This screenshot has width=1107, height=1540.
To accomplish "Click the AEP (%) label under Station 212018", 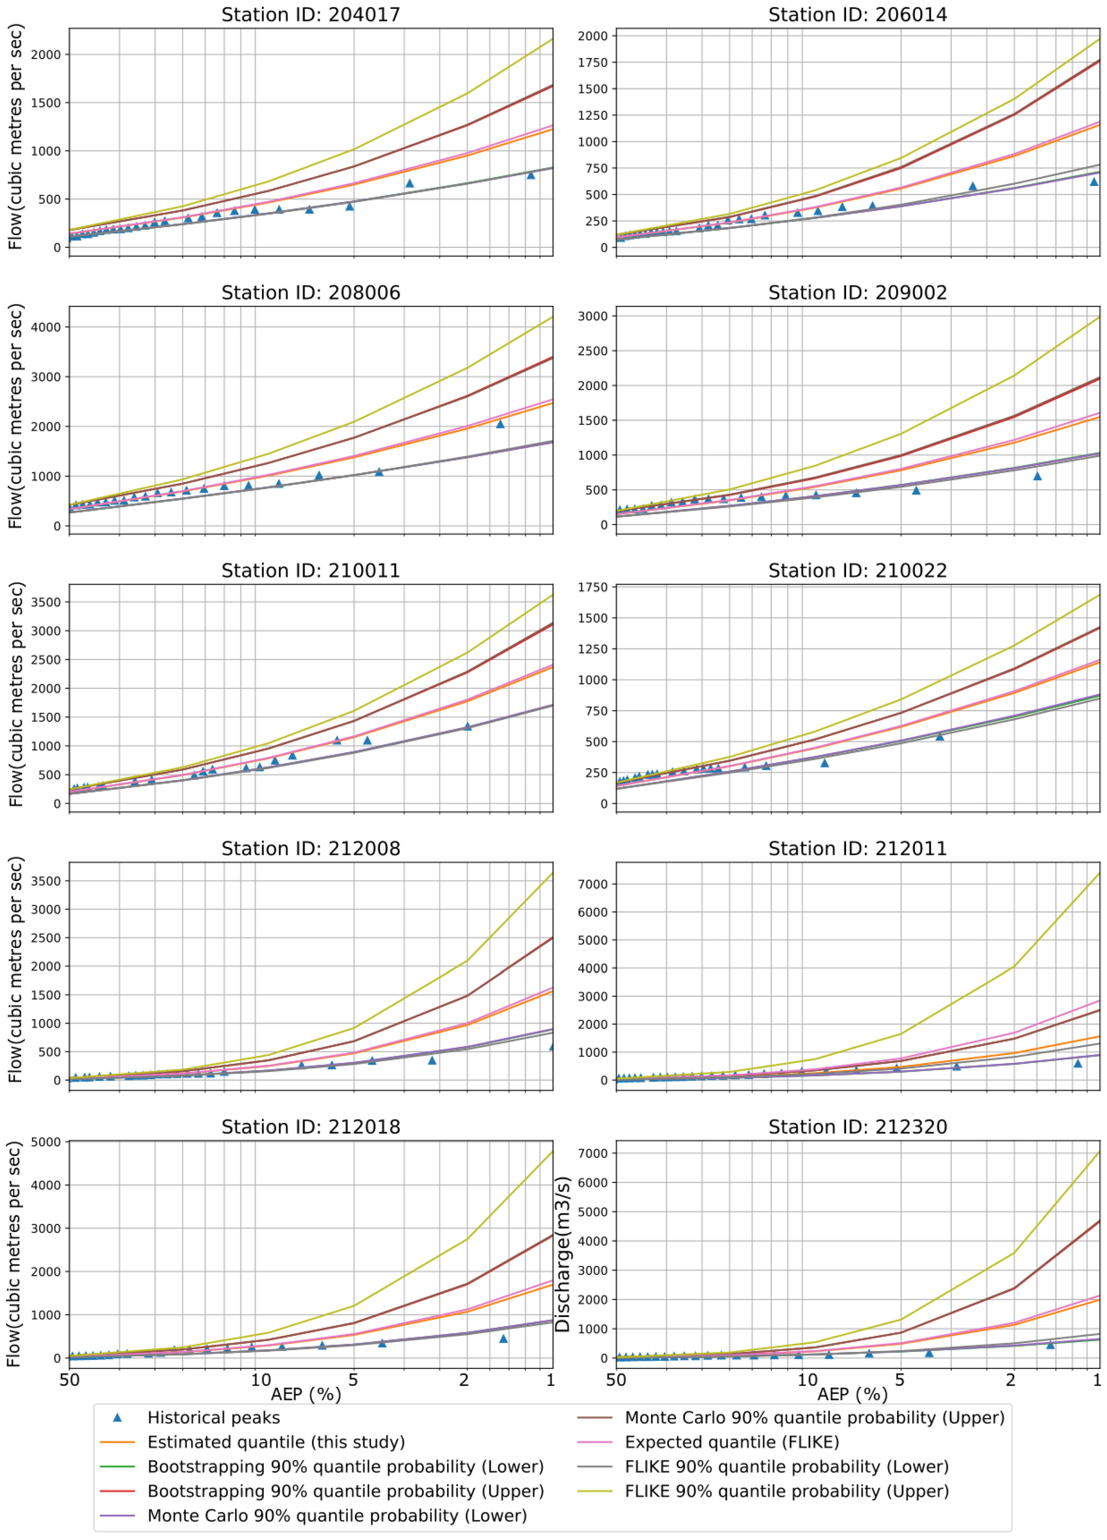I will [x=306, y=1394].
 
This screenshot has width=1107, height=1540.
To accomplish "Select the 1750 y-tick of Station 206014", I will [x=592, y=62].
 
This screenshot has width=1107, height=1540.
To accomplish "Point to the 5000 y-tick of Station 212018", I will [x=46, y=1142].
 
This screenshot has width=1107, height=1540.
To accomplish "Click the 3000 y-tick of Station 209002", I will [x=592, y=317].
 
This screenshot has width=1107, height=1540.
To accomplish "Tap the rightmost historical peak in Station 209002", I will [x=1037, y=476].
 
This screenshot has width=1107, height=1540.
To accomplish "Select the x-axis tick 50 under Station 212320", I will [x=616, y=1380].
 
